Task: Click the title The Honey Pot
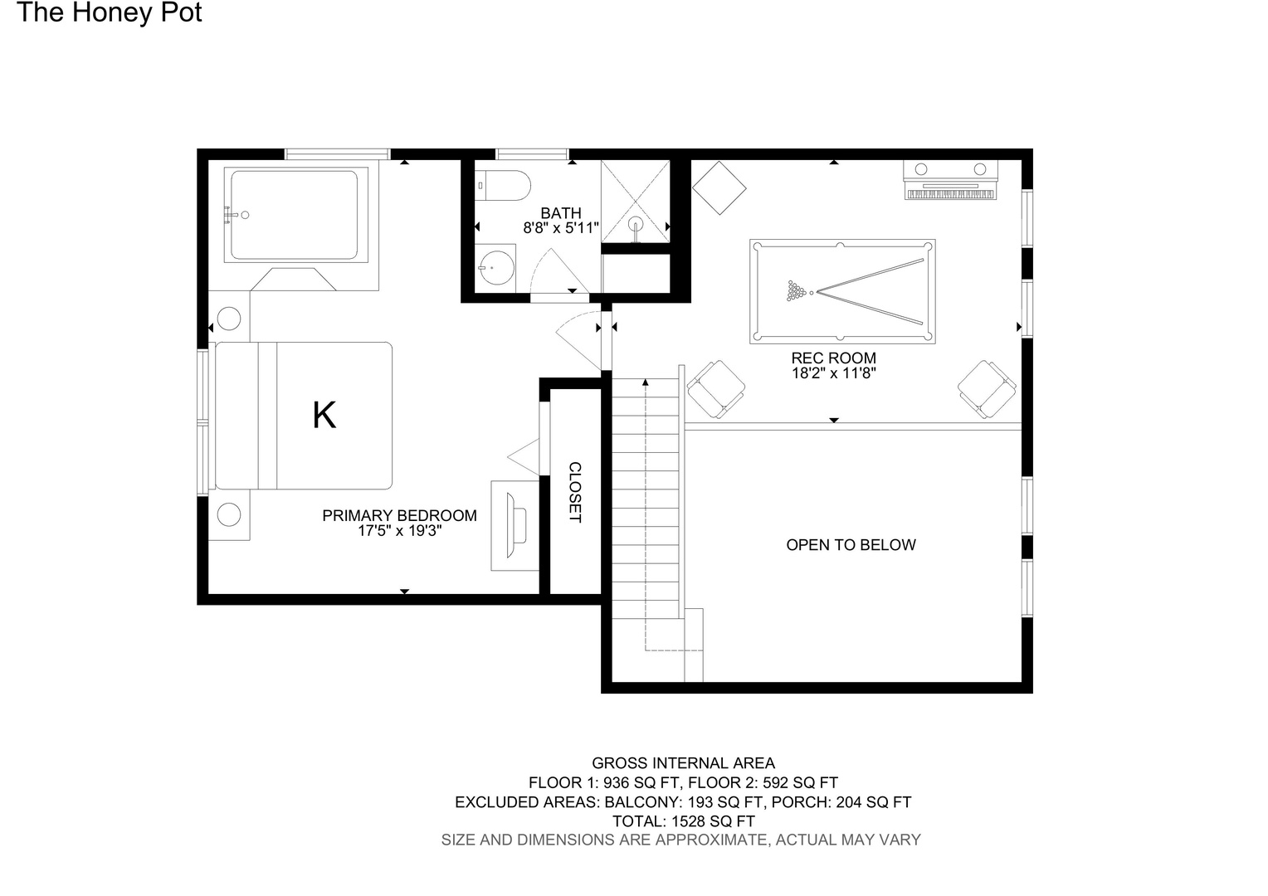coord(110,12)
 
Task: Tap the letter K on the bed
coord(324,416)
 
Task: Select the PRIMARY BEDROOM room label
coord(400,516)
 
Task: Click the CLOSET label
coord(575,492)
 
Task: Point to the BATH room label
coord(561,213)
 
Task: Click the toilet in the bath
coord(503,186)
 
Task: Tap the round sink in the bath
coord(496,268)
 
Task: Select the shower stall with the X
coord(635,202)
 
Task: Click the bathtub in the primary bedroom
coord(296,215)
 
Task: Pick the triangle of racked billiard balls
coord(797,291)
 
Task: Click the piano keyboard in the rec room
coord(950,180)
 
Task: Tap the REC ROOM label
coord(834,358)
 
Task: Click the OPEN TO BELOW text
coord(851,544)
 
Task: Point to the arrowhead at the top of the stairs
coord(646,382)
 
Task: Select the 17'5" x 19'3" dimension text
coord(400,531)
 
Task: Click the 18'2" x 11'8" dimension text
coord(834,373)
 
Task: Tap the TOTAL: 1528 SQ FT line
coord(683,821)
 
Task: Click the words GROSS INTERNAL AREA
coord(683,763)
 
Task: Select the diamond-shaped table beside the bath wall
coord(719,188)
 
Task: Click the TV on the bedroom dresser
coord(516,525)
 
